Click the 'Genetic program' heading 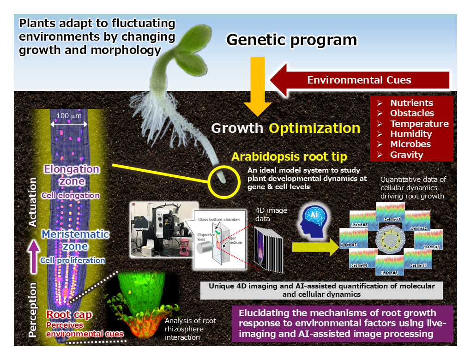pos(291,40)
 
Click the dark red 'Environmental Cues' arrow pos(359,80)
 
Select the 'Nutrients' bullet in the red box pos(411,103)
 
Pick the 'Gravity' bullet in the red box pos(406,155)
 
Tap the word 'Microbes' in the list pos(410,144)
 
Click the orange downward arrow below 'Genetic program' pos(257,88)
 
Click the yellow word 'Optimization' pos(314,128)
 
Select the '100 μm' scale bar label pos(69,115)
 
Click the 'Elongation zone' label pos(72,175)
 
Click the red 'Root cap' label pos(69,315)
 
